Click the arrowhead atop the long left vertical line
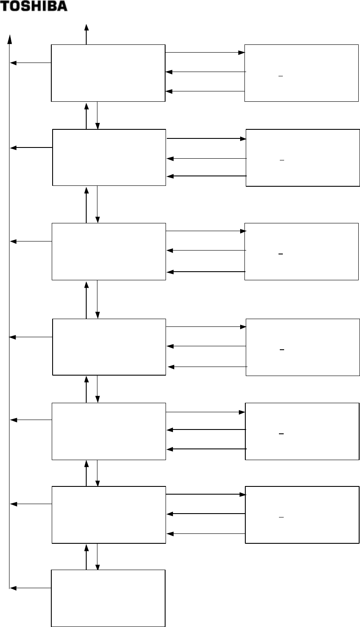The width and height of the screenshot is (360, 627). click(x=9, y=38)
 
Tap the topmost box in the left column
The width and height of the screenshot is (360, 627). click(x=108, y=73)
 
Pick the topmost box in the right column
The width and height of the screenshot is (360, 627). click(x=301, y=73)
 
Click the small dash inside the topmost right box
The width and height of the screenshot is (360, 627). click(x=280, y=76)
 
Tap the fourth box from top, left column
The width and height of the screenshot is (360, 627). click(x=109, y=347)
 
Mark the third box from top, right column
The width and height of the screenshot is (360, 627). click(x=301, y=251)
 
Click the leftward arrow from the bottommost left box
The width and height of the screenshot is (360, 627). click(x=30, y=587)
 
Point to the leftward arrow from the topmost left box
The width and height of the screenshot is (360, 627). click(x=30, y=63)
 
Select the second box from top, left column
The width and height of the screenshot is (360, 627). click(x=109, y=157)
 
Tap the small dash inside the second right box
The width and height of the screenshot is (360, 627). click(x=282, y=160)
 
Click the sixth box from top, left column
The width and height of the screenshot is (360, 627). click(x=109, y=515)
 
